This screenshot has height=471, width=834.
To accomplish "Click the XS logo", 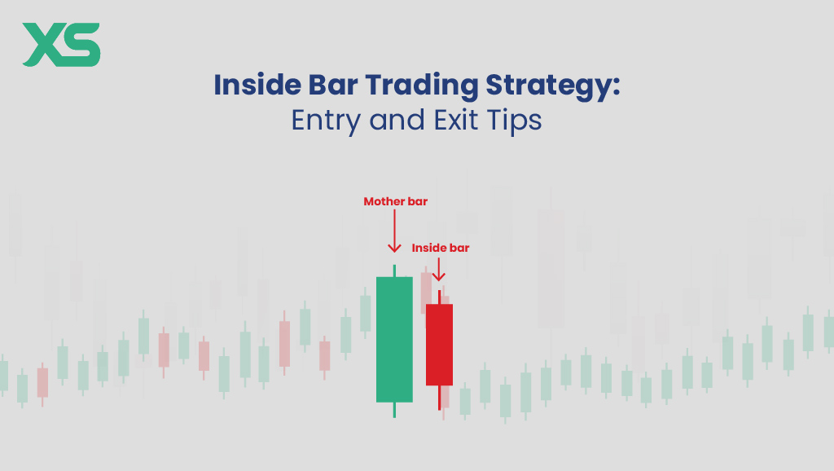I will pyautogui.click(x=61, y=45).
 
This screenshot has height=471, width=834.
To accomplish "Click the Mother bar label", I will pyautogui.click(x=394, y=200).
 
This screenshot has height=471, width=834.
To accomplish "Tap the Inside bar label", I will pyautogui.click(x=440, y=247).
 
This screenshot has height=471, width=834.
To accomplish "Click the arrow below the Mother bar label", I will pyautogui.click(x=394, y=232).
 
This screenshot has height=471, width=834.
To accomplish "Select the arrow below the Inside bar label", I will pyautogui.click(x=439, y=271).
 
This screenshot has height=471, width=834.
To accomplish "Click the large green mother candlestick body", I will pyautogui.click(x=394, y=338).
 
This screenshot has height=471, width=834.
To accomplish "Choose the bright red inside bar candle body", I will pyautogui.click(x=439, y=344).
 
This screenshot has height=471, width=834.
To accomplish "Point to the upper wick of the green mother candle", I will pyautogui.click(x=394, y=271).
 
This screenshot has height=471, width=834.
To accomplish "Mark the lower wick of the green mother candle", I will pyautogui.click(x=394, y=409).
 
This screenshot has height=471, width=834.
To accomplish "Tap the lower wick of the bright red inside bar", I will pyautogui.click(x=439, y=398).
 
